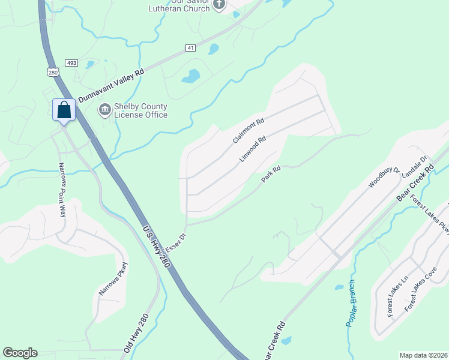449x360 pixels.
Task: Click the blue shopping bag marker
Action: pyautogui.click(x=64, y=110)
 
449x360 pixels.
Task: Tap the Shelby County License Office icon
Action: pyautogui.click(x=104, y=110)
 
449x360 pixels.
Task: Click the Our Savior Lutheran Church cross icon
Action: pyautogui.click(x=219, y=5)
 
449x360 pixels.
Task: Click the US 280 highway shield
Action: pyautogui.click(x=53, y=72)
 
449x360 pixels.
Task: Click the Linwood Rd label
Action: pyautogui.click(x=253, y=149)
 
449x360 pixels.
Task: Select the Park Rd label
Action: pyautogui.click(x=271, y=175)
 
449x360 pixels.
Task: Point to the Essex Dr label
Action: pyautogui.click(x=176, y=244)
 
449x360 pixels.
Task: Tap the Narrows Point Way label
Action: pyautogui.click(x=61, y=189)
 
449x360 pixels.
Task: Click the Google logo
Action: pyautogui.click(x=20, y=353)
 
